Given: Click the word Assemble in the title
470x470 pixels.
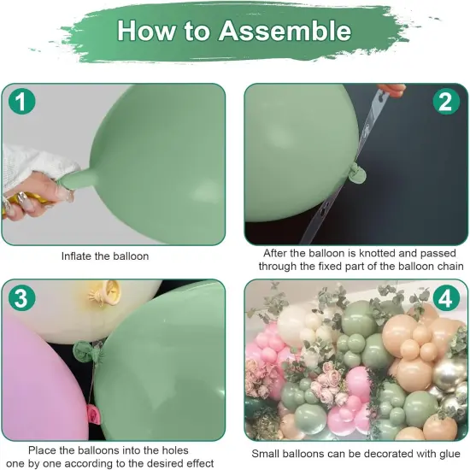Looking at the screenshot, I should coord(285,31).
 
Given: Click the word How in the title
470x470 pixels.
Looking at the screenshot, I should coord(144,31).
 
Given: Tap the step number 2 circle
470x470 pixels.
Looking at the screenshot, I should coord(444,103).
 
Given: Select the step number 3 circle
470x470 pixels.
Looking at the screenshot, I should coord(23,299).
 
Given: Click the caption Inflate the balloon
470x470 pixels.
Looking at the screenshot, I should coord(105,256).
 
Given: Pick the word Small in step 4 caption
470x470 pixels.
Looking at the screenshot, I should coord(268,455).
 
